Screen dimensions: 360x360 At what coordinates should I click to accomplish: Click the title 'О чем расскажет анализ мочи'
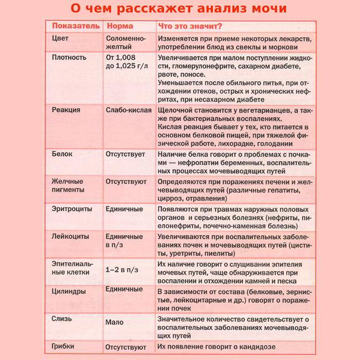179,9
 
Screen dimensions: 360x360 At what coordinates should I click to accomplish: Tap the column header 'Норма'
119,26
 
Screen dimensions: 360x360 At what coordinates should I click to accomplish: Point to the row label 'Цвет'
61,39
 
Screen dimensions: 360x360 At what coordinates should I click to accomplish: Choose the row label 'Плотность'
69,57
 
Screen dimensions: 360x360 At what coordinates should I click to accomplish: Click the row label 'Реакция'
66,110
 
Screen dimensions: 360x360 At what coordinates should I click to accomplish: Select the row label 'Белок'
62,154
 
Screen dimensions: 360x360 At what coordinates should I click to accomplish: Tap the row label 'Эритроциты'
71,209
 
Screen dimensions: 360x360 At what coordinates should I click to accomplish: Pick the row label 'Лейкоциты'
70,237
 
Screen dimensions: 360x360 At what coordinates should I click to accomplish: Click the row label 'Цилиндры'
69,291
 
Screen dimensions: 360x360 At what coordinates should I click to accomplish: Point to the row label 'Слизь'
62,318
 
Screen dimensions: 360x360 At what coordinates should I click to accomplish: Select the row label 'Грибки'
63,347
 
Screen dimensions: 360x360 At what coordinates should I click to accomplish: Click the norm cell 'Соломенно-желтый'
125,43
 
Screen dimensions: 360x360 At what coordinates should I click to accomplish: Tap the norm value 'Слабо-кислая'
129,110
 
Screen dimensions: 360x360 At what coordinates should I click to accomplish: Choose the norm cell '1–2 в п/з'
122,269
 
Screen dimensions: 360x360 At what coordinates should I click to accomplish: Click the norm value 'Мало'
114,322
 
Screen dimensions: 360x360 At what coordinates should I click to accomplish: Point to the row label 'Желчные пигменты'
68,186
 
